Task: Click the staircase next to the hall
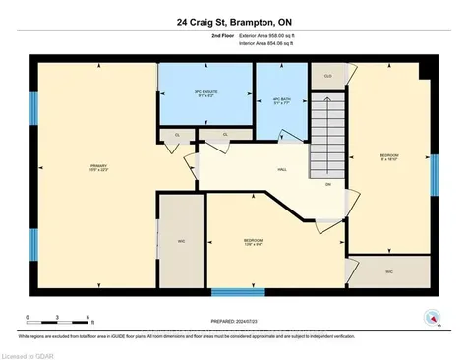[x=328, y=138]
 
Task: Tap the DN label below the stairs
[x=328, y=184]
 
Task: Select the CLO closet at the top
[x=329, y=75]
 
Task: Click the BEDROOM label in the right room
[x=388, y=157]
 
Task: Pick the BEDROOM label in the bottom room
[x=253, y=241]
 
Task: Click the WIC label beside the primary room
[x=181, y=240]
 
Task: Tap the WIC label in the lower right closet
[x=388, y=272]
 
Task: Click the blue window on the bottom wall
[x=238, y=291]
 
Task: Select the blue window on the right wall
[x=434, y=175]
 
